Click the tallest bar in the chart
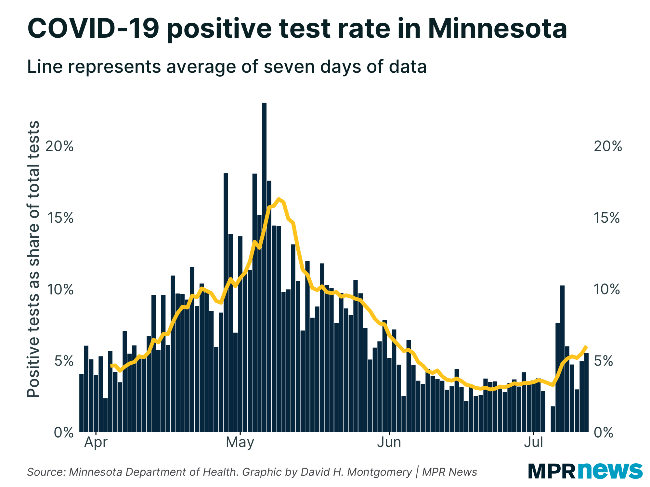point(264,266)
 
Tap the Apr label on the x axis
point(96,443)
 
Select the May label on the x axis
point(240,443)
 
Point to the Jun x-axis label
point(389,443)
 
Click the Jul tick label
point(534,443)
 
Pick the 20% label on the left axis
point(59,146)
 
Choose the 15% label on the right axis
point(606,218)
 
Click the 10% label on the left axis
point(60,289)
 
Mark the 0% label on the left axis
point(64,432)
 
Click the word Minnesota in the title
point(497,29)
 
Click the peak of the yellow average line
point(279,199)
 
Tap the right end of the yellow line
point(586,347)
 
